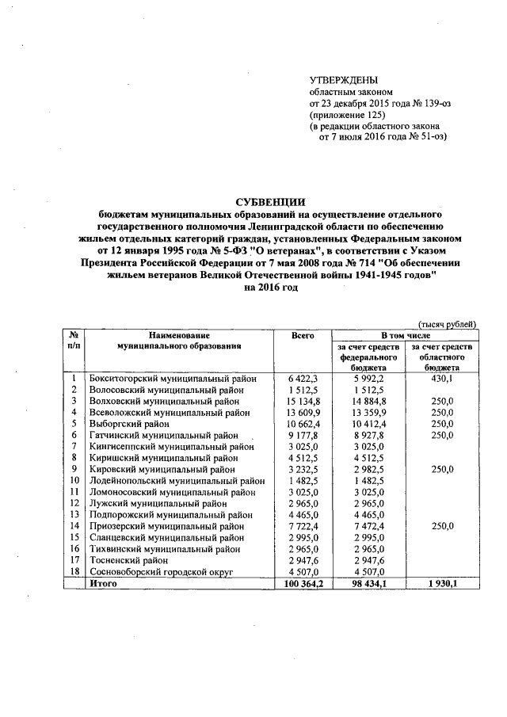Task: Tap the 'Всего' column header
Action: [303, 336]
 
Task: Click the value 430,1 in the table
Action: [439, 379]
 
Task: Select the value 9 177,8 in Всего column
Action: [303, 435]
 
